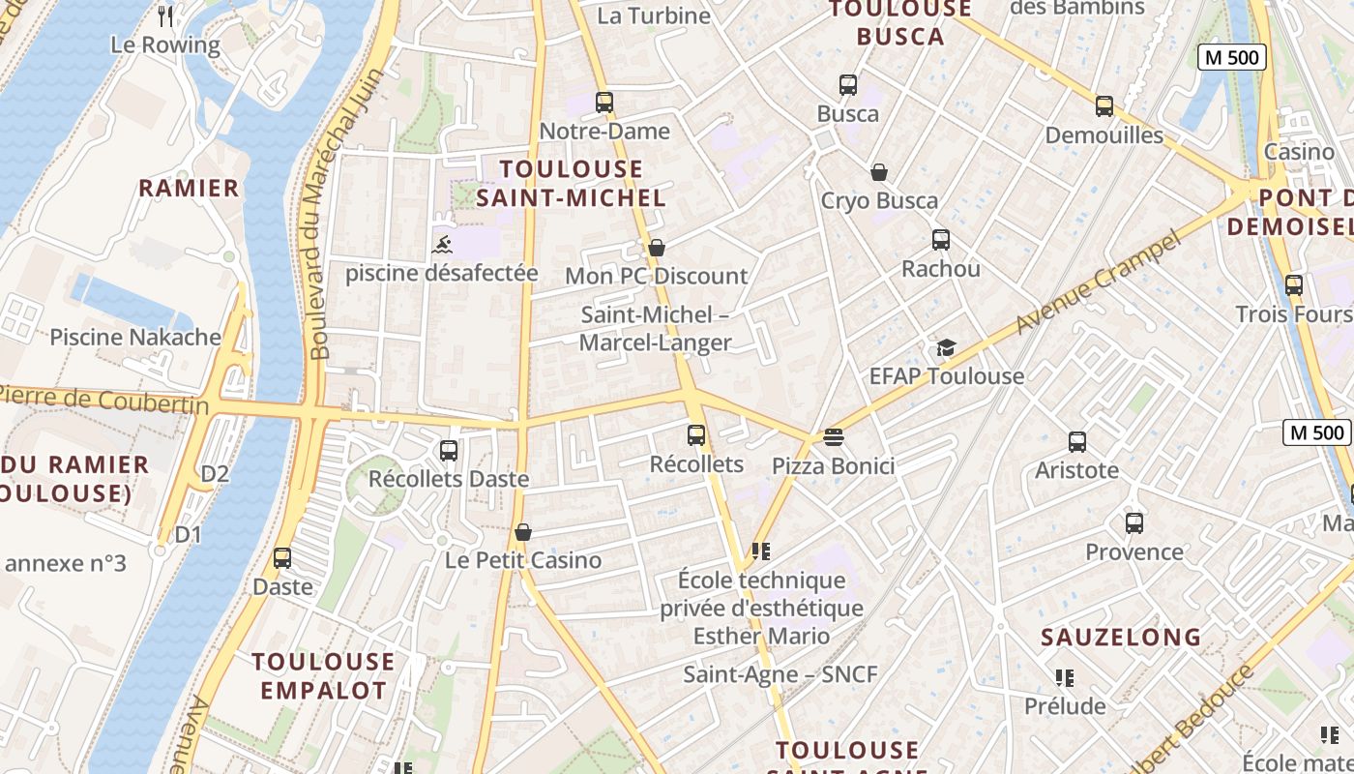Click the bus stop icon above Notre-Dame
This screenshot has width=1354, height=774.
[604, 102]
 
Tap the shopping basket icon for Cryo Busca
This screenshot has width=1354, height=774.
[879, 172]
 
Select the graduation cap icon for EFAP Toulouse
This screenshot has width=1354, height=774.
[946, 347]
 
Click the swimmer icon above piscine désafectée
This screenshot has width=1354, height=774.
[442, 244]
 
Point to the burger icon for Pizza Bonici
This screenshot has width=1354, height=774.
[833, 437]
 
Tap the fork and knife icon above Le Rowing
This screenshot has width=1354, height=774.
[165, 15]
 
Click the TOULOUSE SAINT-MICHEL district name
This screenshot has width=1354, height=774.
[572, 183]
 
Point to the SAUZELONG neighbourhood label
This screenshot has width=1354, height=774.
[1121, 638]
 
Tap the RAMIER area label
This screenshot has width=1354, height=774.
[189, 188]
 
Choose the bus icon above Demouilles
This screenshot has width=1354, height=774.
[1104, 106]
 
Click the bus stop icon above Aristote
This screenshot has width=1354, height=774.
[1077, 442]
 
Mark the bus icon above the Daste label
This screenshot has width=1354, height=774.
[282, 558]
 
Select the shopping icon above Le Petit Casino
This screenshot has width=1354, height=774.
[523, 532]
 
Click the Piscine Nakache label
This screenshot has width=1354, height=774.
[135, 338]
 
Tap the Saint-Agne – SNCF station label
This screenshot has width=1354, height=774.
[780, 674]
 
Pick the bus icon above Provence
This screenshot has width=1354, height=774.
[1134, 523]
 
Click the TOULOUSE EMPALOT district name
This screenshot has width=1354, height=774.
[323, 676]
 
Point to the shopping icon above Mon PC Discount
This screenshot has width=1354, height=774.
[657, 248]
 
